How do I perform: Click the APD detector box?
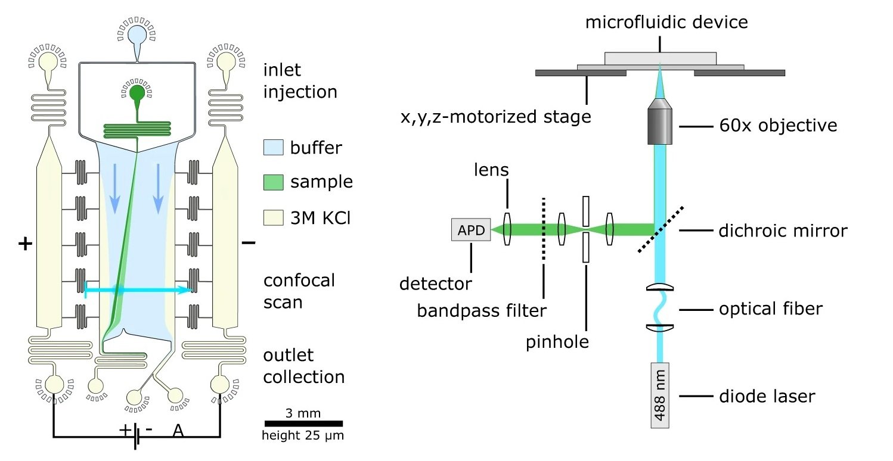(471, 229)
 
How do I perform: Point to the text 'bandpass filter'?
(481, 310)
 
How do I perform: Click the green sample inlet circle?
(137, 92)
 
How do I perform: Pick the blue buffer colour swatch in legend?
(272, 147)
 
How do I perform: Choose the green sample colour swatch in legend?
(272, 182)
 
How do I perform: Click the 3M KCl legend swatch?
(272, 218)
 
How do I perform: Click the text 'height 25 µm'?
(303, 436)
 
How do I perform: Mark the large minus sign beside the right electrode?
(249, 242)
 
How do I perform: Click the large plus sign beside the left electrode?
(24, 244)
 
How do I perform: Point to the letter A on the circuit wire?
(178, 430)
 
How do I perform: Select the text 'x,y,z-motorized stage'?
(496, 117)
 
